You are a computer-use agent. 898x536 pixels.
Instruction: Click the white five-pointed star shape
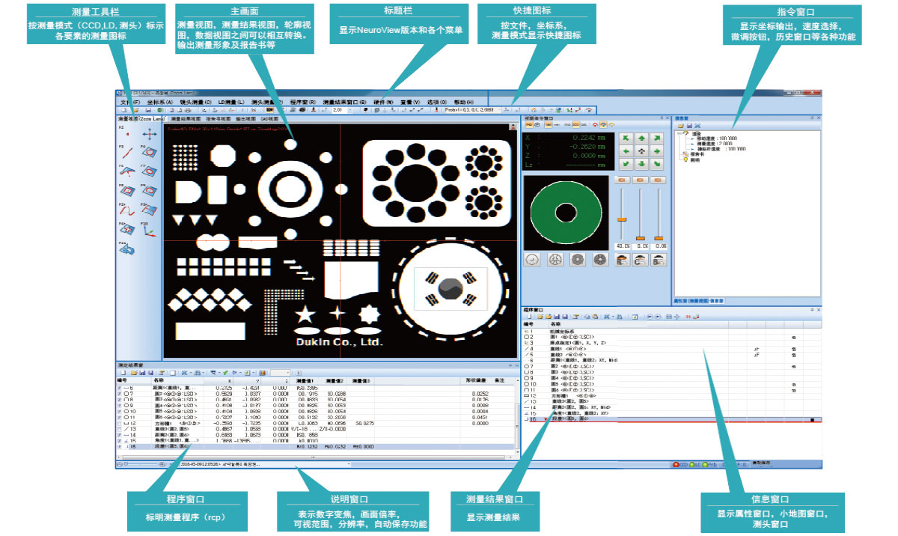tap(305, 314)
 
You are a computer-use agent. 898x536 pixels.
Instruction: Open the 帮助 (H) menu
tap(464, 101)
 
